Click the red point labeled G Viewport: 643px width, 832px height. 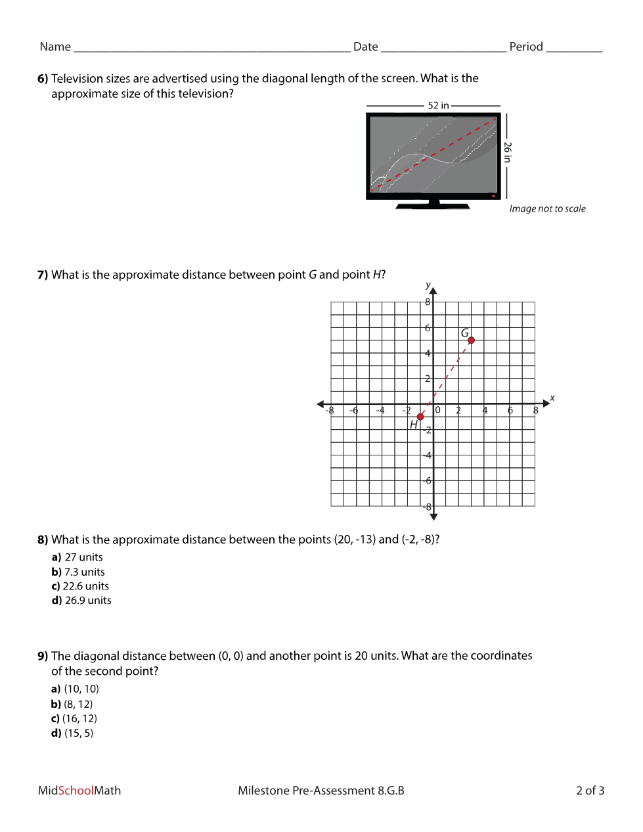(x=471, y=340)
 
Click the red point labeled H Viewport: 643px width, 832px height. (x=420, y=417)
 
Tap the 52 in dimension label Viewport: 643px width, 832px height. (x=438, y=105)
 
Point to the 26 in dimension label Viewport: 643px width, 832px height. (x=507, y=152)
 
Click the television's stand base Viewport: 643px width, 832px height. (x=433, y=206)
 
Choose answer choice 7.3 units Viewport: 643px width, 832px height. (x=78, y=572)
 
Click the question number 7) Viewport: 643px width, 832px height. (x=43, y=275)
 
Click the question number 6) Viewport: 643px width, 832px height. (x=43, y=78)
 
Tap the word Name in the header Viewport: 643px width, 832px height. (x=55, y=47)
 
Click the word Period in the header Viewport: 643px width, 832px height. (x=526, y=47)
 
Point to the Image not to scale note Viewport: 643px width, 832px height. (x=547, y=208)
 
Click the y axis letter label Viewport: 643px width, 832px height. (x=428, y=285)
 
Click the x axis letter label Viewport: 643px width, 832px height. (x=552, y=398)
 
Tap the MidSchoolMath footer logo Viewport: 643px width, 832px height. (x=79, y=791)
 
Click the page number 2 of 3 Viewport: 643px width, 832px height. (x=590, y=791)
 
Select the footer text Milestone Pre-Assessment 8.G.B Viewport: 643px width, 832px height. (x=321, y=791)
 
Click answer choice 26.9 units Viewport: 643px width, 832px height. (x=81, y=601)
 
